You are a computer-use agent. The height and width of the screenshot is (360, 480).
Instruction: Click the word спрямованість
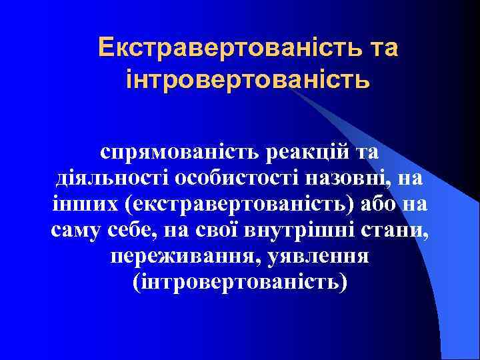coord(180,152)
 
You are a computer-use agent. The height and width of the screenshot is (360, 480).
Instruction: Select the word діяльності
coord(111,179)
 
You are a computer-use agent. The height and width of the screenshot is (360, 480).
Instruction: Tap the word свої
coord(223,231)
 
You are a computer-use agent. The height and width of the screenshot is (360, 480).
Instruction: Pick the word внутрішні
coord(304,231)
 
